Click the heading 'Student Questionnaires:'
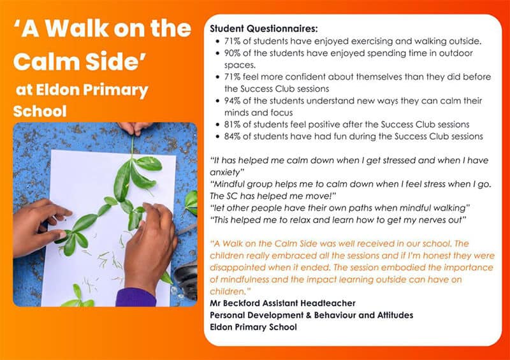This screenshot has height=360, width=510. tap(263, 29)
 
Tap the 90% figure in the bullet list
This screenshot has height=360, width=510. tap(232, 53)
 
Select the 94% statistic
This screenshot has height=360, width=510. tap(232, 101)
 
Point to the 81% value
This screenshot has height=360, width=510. tap(232, 124)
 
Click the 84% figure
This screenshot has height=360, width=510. tap(232, 136)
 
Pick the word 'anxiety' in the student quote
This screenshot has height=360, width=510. tap(226, 173)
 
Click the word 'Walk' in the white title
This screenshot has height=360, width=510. tap(76, 29)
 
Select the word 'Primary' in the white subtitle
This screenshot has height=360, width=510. tap(115, 90)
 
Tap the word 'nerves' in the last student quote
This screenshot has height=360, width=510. tap(433, 220)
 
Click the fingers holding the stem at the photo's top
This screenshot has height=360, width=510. tap(134, 128)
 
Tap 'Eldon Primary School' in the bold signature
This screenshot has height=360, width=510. tap(253, 327)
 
